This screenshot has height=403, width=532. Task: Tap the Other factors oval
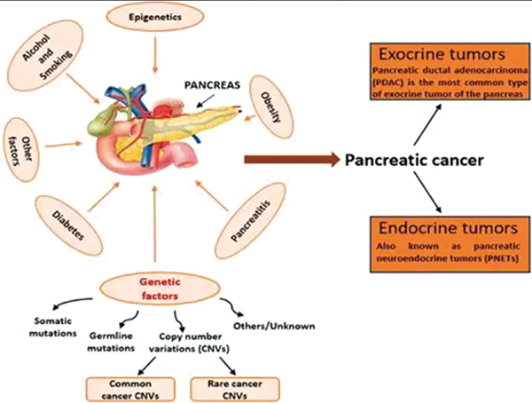pos(24,141)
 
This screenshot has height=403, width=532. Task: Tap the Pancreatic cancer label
pos(416,161)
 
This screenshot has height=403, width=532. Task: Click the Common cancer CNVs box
pos(116,388)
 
